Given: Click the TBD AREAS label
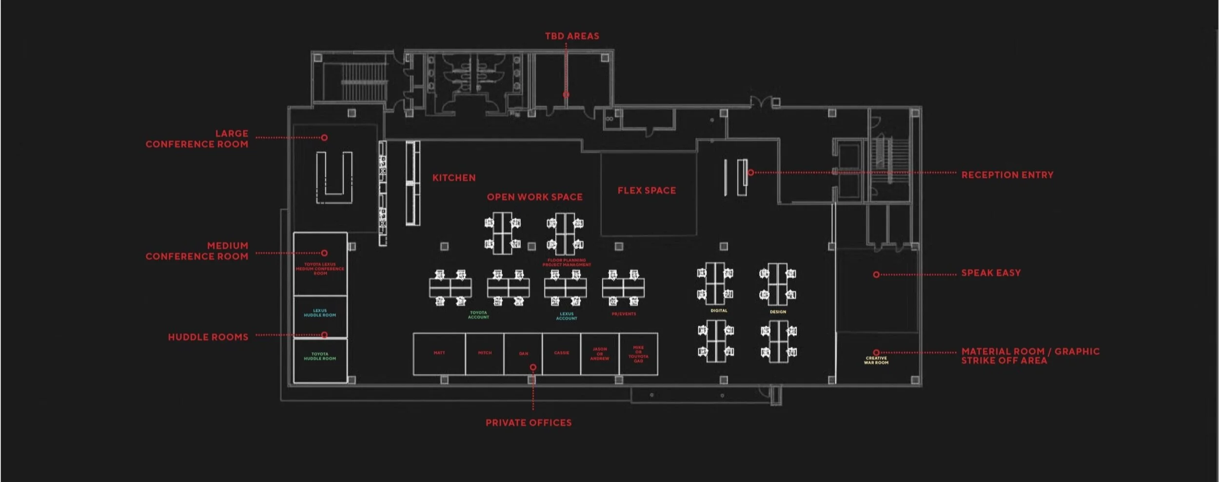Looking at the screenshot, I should click(x=572, y=36).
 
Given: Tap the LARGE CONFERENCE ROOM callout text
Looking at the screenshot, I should click(x=197, y=139).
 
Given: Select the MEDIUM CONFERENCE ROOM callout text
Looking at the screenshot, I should click(x=197, y=251).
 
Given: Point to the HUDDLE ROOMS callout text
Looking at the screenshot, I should click(x=208, y=337).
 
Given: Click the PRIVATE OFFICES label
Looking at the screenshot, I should click(x=529, y=423).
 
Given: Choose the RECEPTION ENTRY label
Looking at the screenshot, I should click(x=1007, y=175).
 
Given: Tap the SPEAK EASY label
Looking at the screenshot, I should click(x=991, y=273).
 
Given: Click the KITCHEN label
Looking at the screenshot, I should click(x=454, y=178).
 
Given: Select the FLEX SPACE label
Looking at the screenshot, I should click(x=647, y=191).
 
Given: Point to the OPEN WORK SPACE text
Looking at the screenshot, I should click(x=534, y=197).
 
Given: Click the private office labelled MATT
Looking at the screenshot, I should click(x=439, y=353).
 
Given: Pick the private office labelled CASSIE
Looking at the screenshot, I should click(x=561, y=353).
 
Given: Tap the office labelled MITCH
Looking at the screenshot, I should click(x=485, y=353).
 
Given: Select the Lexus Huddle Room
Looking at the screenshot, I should click(x=320, y=313).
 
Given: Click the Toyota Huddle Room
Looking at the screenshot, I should click(x=320, y=357).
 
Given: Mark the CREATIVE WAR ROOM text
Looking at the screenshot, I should click(x=876, y=361).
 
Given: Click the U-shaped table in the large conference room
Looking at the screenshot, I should click(x=334, y=178).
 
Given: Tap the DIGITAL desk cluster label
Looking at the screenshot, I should click(x=719, y=311).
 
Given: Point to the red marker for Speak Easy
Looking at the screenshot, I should click(x=876, y=275).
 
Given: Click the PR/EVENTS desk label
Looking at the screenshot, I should click(x=624, y=314).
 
